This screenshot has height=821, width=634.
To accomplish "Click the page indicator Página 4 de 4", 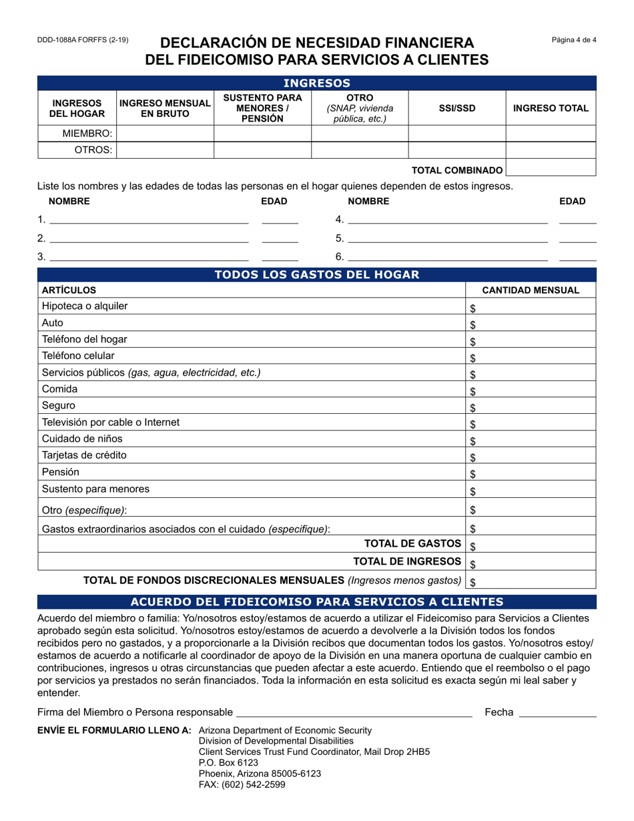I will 574,40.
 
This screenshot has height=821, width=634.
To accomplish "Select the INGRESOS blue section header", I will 316,83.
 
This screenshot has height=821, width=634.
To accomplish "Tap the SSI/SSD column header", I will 456,108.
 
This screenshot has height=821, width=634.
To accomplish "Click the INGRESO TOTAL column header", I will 551,108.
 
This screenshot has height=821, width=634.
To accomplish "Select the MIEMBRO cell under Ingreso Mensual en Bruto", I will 165,133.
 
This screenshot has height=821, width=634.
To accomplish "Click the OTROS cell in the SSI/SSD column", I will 456,150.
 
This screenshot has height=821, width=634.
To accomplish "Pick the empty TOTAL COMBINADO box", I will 551,170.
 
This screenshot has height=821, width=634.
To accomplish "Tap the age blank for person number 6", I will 577,256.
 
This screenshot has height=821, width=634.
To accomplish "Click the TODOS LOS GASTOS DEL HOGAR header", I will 316,274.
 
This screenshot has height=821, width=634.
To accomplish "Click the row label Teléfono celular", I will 78,356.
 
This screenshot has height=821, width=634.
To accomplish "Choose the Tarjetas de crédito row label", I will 84,455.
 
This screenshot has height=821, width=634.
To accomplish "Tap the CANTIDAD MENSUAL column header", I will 531,290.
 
